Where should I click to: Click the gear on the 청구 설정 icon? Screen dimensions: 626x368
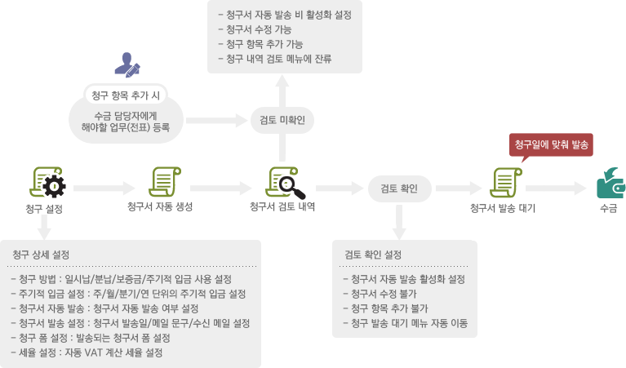[x=54, y=186]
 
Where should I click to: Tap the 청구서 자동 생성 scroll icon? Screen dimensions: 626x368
[x=165, y=182]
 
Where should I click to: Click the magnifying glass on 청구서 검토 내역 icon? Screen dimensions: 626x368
[x=291, y=188]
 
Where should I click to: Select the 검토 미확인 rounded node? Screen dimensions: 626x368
[x=282, y=120]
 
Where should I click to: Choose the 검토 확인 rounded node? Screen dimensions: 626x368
[x=399, y=188]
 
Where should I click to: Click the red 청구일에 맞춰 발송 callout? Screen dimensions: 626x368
[x=551, y=145]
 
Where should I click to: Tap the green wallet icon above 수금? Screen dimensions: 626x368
[x=610, y=184]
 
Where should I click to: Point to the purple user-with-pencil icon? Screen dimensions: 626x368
[x=127, y=65]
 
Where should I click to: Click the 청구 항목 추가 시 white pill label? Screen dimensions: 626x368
[x=126, y=95]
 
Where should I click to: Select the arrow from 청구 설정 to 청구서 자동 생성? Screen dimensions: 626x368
[x=104, y=188]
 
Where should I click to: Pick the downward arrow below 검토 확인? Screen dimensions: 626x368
[x=399, y=222]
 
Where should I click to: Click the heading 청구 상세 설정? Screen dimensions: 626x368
[x=41, y=255]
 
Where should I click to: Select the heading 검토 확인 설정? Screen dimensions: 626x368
[x=373, y=255]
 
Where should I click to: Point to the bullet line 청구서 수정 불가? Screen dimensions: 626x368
[x=380, y=294]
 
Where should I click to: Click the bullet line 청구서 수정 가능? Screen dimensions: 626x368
[x=255, y=29]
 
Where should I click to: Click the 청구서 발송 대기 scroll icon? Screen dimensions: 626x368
[x=506, y=183]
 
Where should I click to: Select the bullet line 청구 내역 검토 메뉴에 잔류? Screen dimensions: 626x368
[x=275, y=59]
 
